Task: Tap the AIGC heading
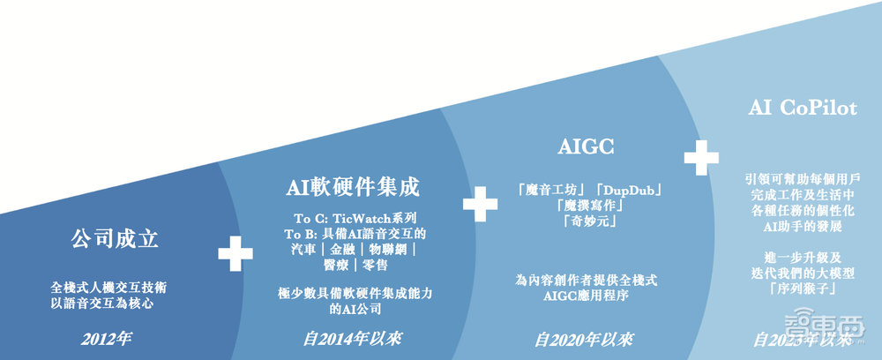(586, 146)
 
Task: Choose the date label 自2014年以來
(350, 338)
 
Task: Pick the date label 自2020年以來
(585, 338)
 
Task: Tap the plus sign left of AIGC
(481, 203)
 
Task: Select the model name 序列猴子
(801, 289)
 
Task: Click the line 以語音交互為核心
(108, 303)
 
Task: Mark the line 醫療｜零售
(353, 266)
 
